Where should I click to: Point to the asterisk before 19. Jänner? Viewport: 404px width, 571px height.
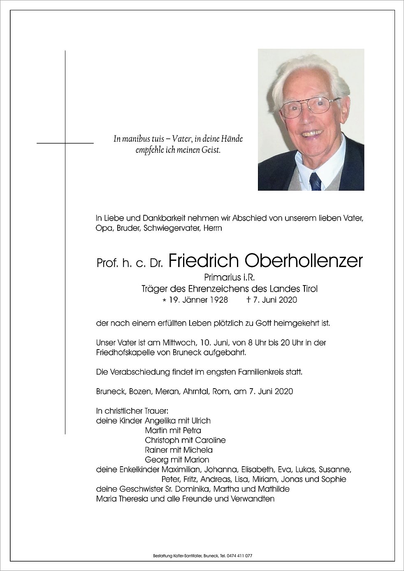click(176, 300)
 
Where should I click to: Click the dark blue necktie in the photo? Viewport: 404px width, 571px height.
click(316, 181)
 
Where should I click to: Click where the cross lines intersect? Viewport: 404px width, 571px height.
click(65, 143)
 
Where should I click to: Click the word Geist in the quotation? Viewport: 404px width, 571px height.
click(212, 151)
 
